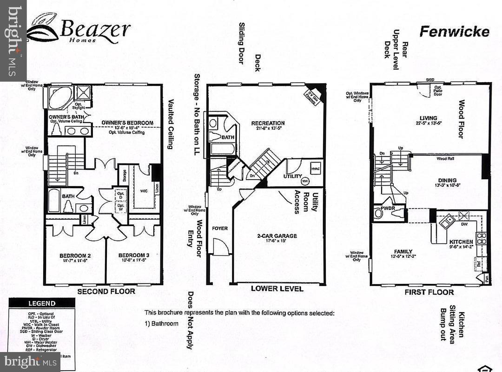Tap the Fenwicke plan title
click(454, 31)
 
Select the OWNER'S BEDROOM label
click(127, 123)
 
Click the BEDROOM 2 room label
click(75, 256)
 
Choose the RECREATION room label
click(268, 123)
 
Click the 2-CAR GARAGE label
click(277, 236)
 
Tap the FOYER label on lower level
click(220, 228)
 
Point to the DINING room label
click(447, 180)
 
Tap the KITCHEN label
click(461, 242)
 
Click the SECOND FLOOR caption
click(106, 291)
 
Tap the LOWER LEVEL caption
click(277, 288)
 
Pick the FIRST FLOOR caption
click(429, 292)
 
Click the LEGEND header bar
click(42, 303)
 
